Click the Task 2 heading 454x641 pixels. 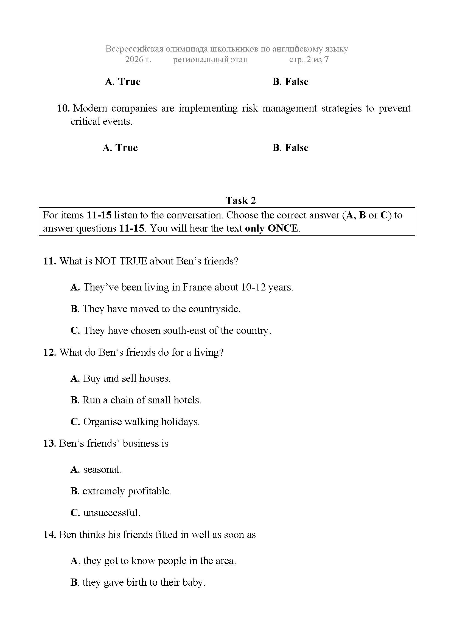(240, 200)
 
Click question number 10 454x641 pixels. (63, 108)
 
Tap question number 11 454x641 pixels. (50, 261)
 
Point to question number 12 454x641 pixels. (50, 352)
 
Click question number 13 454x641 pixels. (50, 443)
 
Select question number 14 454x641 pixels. (50, 534)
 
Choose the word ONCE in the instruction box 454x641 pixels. (283, 228)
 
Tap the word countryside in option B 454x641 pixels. (214, 309)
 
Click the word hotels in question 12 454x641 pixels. (187, 400)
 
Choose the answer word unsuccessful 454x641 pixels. (111, 512)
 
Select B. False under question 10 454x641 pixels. (290, 148)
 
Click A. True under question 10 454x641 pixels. (120, 148)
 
